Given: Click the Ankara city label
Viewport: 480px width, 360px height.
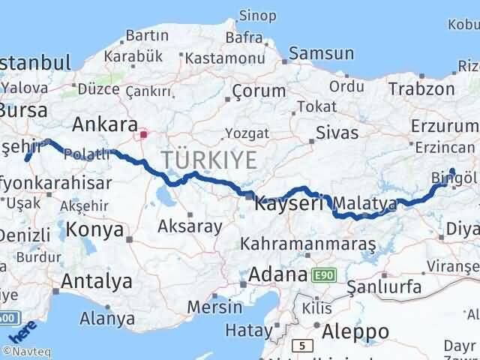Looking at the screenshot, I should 105,124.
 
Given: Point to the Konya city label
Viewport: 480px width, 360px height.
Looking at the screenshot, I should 94,229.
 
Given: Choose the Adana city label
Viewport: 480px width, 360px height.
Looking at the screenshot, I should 277,274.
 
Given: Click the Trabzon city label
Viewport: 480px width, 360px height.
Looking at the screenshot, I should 421,88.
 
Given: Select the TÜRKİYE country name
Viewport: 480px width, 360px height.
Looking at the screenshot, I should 208,159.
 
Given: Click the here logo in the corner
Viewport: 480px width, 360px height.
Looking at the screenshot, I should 22,331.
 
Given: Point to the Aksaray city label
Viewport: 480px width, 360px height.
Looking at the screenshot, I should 190,226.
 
